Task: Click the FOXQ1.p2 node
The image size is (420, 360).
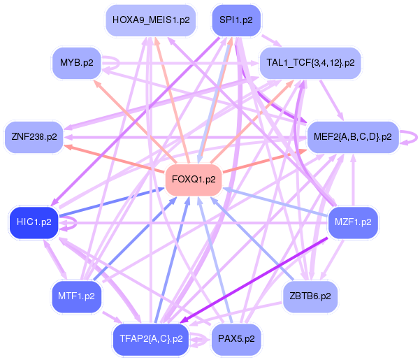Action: [194, 180]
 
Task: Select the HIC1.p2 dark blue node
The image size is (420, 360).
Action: [34, 222]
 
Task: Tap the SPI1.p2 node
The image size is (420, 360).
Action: [236, 20]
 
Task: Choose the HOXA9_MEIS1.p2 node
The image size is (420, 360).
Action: [151, 20]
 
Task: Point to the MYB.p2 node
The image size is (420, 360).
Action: [77, 63]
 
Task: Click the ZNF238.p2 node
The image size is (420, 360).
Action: [34, 137]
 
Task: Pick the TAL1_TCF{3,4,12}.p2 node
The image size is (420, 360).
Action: [310, 63]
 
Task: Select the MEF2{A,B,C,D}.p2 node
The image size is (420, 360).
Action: [353, 137]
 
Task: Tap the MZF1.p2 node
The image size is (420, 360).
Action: [353, 222]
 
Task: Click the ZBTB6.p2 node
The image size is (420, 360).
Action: [310, 296]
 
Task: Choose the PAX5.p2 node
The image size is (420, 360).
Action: [236, 339]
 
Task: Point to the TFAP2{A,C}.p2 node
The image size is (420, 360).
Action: [151, 339]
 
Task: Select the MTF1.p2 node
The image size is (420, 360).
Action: [77, 296]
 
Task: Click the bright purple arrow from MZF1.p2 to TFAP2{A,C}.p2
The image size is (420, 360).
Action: [254, 280]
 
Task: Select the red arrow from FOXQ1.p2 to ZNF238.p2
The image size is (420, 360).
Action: [109, 157]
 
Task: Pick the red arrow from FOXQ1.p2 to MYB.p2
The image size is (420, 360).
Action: [135, 121]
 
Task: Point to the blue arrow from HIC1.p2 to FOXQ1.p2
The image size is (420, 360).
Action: [112, 202]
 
